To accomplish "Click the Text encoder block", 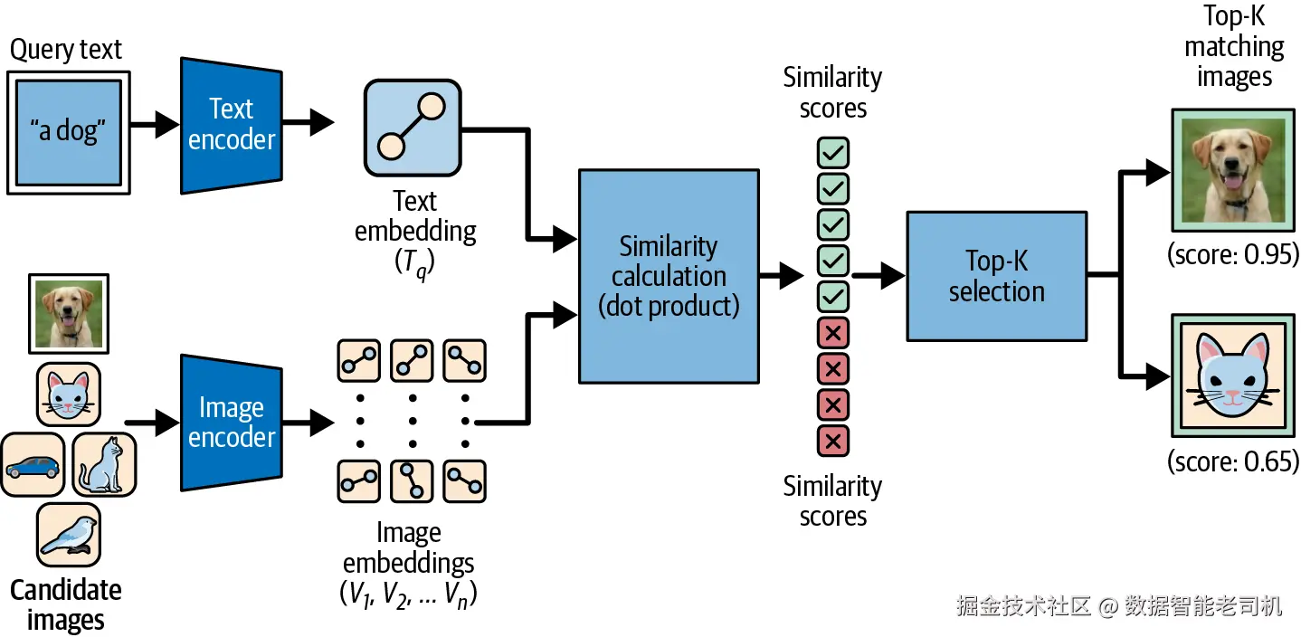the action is [x=232, y=126].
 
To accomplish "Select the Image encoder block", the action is [x=232, y=423].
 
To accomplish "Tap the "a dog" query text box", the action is [x=69, y=132].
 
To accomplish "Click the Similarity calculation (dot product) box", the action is [x=669, y=276].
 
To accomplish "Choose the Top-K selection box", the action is [x=997, y=276].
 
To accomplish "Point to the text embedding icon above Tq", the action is [x=413, y=128].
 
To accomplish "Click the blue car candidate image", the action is [x=33, y=464].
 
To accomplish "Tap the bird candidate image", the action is [x=69, y=535].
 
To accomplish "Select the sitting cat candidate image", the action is [x=105, y=464].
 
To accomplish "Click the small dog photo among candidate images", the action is [x=69, y=314].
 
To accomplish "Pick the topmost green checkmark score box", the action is [x=833, y=153].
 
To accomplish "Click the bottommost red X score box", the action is [x=833, y=442].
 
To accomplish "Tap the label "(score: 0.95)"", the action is [x=1233, y=254].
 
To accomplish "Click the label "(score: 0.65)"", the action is [x=1233, y=461].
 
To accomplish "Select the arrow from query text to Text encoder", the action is [x=155, y=124].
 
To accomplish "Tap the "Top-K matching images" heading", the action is [x=1234, y=46].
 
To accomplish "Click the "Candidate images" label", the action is [x=66, y=605].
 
